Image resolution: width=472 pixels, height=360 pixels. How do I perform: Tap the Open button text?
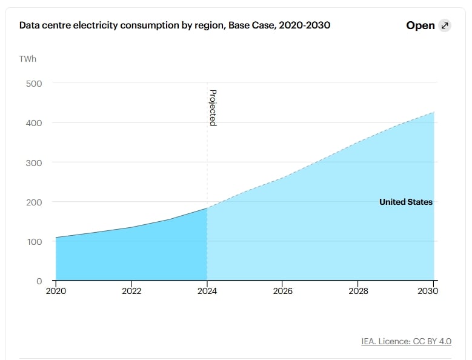[x=420, y=25]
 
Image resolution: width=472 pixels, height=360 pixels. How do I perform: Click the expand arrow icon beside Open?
[x=445, y=25]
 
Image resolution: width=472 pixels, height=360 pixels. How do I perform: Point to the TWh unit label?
[x=28, y=59]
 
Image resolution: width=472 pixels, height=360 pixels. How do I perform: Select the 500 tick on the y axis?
[x=33, y=83]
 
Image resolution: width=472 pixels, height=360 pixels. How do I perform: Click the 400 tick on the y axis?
[x=33, y=122]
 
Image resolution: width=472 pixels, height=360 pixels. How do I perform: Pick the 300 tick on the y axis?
[x=33, y=162]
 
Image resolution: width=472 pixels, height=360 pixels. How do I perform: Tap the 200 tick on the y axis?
[x=33, y=202]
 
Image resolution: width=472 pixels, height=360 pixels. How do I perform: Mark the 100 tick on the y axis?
[x=33, y=242]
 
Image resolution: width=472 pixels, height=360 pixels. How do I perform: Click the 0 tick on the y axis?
[x=39, y=281]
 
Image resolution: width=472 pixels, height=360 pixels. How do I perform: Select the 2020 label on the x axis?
[x=56, y=291]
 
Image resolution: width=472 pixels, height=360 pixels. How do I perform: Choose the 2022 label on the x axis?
[x=131, y=291]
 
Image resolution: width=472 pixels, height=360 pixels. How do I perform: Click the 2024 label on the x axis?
[x=207, y=291]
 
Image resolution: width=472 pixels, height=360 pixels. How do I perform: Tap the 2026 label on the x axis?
[x=282, y=291]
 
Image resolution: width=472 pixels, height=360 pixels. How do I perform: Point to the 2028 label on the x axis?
[x=358, y=291]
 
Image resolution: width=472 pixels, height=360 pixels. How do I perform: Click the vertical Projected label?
[x=213, y=107]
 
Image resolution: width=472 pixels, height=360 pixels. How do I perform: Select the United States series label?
[x=405, y=202]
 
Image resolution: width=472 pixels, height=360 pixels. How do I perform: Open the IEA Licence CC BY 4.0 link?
[x=406, y=341]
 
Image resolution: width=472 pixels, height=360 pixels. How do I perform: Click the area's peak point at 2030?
[x=434, y=112]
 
